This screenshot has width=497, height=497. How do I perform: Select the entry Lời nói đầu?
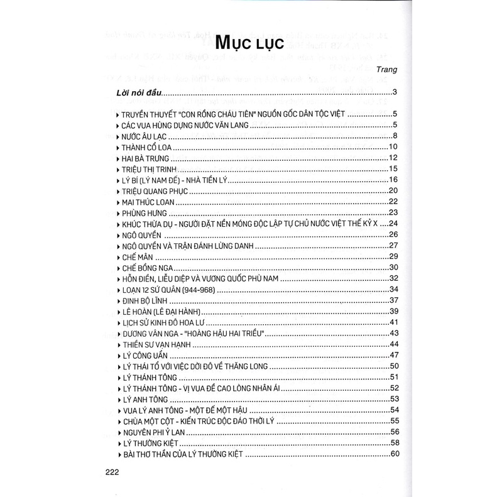click(139, 94)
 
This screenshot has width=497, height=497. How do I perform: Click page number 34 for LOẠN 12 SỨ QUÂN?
click(395, 290)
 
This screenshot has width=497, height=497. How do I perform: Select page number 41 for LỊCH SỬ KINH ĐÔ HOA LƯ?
click(395, 322)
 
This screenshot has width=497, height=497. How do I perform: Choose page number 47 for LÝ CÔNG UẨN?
click(395, 356)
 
